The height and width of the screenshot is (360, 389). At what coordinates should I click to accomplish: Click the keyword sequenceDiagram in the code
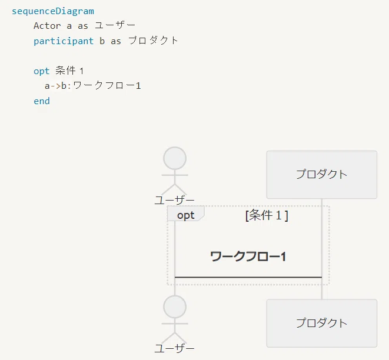pyautogui.click(x=53, y=11)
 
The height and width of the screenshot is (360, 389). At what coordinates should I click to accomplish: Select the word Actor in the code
pyautogui.click(x=47, y=26)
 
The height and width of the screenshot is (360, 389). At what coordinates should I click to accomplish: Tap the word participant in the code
pyautogui.click(x=64, y=41)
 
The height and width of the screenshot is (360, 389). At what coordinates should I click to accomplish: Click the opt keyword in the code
pyautogui.click(x=42, y=71)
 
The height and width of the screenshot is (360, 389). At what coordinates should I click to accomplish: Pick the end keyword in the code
pyautogui.click(x=42, y=101)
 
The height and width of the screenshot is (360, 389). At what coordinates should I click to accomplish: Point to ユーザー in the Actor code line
pyautogui.click(x=115, y=25)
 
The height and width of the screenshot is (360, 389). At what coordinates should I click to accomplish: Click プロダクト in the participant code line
pyautogui.click(x=153, y=41)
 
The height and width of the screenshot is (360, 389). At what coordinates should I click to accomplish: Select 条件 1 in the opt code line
pyautogui.click(x=69, y=71)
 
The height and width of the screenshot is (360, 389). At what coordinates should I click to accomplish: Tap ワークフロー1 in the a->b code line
pyautogui.click(x=107, y=85)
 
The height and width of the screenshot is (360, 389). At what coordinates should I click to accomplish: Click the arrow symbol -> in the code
pyautogui.click(x=55, y=86)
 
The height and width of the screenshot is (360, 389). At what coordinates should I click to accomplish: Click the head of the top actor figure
pyautogui.click(x=175, y=158)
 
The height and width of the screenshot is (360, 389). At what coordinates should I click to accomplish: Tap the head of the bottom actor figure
pyautogui.click(x=175, y=307)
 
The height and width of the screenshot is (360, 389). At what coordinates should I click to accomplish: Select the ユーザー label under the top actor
pyautogui.click(x=174, y=201)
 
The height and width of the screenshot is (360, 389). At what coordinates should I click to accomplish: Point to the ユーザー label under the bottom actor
pyautogui.click(x=174, y=349)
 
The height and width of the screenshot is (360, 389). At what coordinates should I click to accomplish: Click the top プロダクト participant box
pyautogui.click(x=322, y=175)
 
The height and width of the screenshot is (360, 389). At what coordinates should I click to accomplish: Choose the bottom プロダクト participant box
pyautogui.click(x=322, y=324)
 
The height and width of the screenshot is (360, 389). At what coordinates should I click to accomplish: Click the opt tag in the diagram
pyautogui.click(x=186, y=215)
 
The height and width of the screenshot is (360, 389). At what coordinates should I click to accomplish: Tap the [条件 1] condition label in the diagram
pyautogui.click(x=267, y=215)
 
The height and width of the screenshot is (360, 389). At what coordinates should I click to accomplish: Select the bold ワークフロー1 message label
pyautogui.click(x=248, y=256)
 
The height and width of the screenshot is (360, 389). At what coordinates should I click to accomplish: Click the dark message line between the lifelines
pyautogui.click(x=248, y=277)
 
